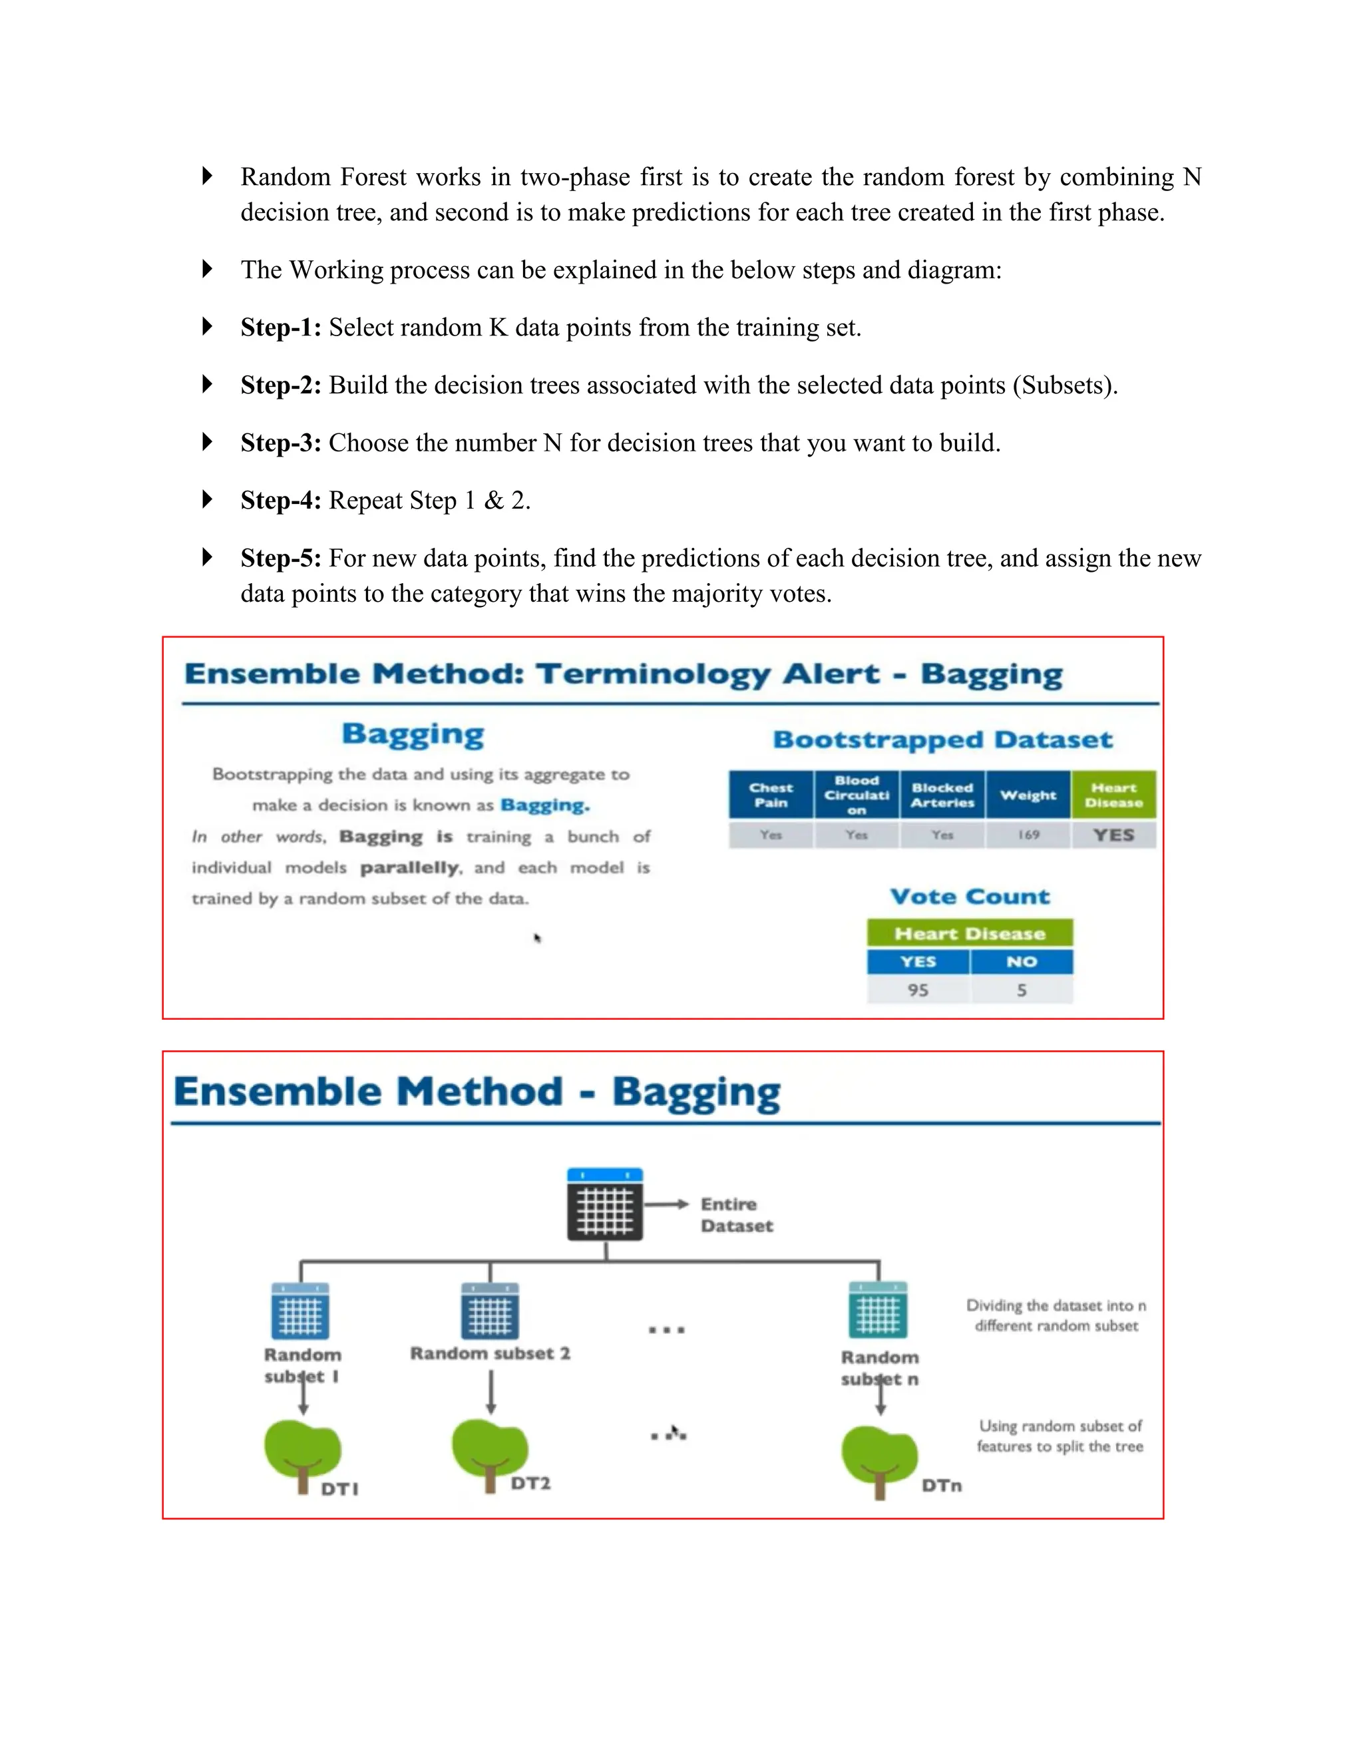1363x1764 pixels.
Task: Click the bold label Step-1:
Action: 280,327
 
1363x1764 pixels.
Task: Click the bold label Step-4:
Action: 280,500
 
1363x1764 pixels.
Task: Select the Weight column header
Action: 1028,795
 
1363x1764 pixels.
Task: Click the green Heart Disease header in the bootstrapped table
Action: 1113,795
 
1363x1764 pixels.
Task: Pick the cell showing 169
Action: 1028,834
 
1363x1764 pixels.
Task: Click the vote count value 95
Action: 918,989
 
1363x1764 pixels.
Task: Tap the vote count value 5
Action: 1022,989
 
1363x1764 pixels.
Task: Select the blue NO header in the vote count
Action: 1022,961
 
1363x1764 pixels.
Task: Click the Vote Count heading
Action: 970,897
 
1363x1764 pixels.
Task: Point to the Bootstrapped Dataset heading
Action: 942,740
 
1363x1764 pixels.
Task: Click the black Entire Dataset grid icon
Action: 605,1204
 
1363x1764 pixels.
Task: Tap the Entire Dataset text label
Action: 735,1215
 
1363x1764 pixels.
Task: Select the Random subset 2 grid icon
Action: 490,1311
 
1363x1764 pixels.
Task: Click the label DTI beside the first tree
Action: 339,1488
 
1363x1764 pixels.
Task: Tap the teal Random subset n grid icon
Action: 878,1311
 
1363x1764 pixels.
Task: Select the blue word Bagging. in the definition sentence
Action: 545,805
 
